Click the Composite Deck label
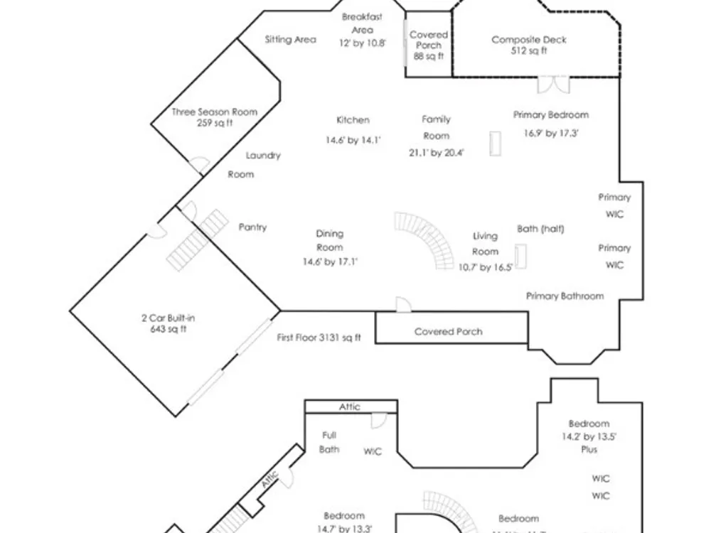[x=529, y=41]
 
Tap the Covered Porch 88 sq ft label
[x=429, y=45]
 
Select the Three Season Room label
[x=214, y=112]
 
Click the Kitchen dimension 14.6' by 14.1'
[x=353, y=141]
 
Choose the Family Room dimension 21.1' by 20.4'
[x=436, y=153]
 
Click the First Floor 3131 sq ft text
[x=319, y=338]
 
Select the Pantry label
[x=252, y=227]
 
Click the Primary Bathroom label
[x=565, y=296]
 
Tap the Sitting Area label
[x=290, y=40]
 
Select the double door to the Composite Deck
[x=552, y=85]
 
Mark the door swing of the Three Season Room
[x=198, y=165]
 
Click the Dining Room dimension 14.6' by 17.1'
[x=329, y=262]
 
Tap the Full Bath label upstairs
[x=329, y=442]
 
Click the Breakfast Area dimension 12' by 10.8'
[x=362, y=43]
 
